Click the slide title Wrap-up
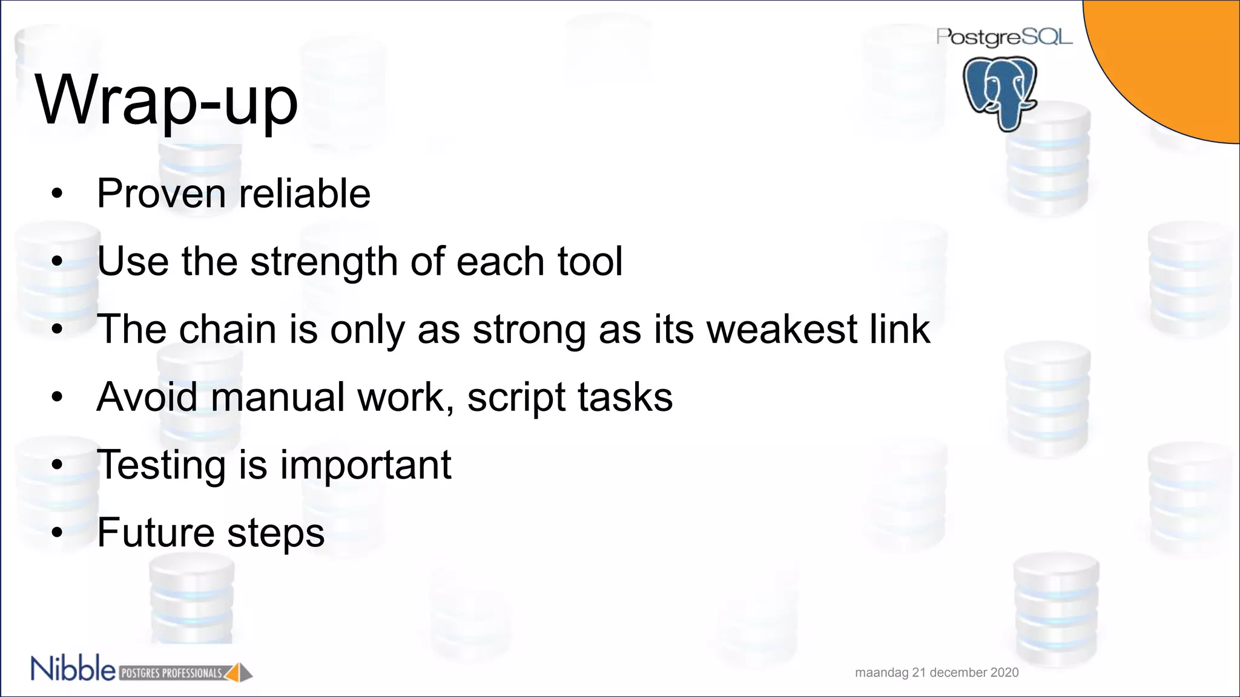(167, 100)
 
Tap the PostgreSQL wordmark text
(1004, 37)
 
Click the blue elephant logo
(1000, 92)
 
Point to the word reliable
(305, 194)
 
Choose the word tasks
(625, 397)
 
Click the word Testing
(161, 465)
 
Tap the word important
(365, 465)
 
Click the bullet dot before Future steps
(57, 532)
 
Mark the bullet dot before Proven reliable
(57, 194)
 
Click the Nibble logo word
(73, 669)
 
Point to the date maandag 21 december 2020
(937, 672)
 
